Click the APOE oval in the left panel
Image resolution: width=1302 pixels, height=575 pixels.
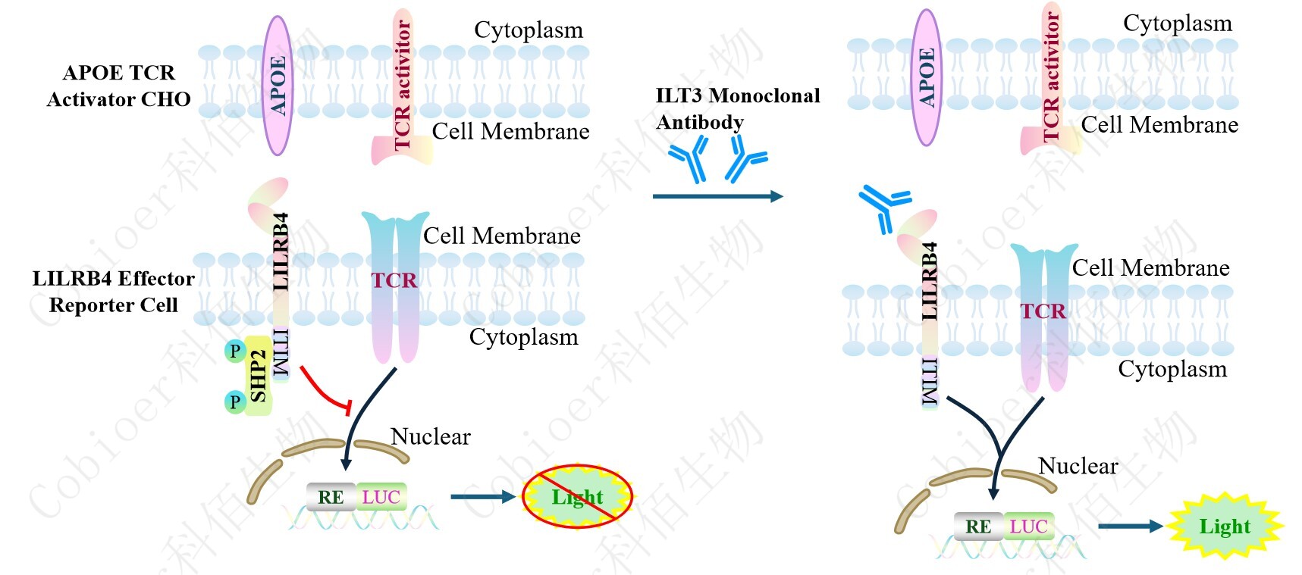click(278, 85)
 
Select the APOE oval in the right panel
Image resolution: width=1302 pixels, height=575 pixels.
click(927, 77)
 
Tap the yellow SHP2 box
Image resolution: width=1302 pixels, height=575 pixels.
click(258, 376)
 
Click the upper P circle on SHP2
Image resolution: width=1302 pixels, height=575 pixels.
click(235, 351)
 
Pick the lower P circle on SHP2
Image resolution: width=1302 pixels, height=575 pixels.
click(235, 401)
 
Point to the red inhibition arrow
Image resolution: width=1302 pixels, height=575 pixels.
click(325, 389)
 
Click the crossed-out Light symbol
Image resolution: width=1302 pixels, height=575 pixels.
click(577, 497)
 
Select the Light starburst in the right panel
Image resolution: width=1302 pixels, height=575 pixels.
click(1224, 526)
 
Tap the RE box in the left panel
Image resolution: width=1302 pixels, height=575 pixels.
click(331, 497)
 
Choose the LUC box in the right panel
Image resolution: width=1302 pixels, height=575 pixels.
click(1028, 526)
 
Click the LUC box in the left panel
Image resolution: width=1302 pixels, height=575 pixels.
click(381, 497)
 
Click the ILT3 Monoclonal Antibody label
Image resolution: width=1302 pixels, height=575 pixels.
click(737, 108)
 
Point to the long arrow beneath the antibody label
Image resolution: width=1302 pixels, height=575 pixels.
click(717, 196)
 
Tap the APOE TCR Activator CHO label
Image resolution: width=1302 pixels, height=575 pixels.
click(118, 86)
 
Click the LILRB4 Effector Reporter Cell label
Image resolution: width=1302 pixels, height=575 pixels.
click(113, 292)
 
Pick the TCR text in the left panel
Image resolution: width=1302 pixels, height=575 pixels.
click(394, 281)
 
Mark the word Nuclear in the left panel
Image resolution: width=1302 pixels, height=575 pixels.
click(430, 436)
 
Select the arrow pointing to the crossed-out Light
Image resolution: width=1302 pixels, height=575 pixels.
click(482, 497)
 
